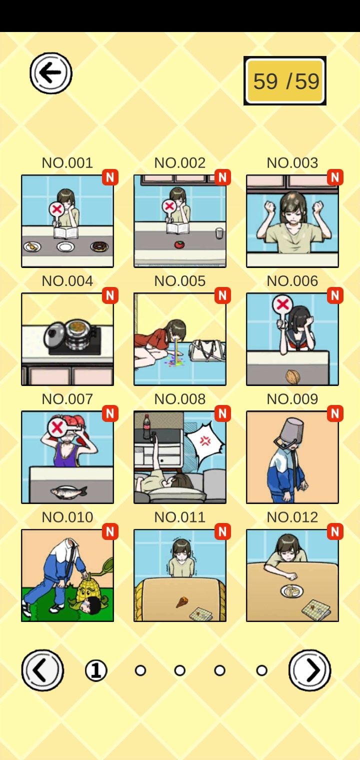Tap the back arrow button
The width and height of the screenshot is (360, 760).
click(51, 73)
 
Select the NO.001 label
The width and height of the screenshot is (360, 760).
click(67, 163)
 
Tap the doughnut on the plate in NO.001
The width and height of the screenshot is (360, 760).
click(99, 246)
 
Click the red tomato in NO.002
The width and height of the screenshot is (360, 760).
click(179, 244)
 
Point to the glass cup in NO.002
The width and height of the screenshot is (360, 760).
click(219, 233)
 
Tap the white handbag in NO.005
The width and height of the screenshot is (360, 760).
click(206, 351)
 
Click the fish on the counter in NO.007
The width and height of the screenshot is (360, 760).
click(68, 491)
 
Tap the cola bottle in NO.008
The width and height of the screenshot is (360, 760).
click(147, 426)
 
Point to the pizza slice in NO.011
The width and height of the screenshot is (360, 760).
click(181, 602)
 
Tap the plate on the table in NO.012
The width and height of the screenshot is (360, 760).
click(292, 591)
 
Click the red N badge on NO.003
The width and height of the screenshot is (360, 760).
click(335, 177)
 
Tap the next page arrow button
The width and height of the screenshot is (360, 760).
click(310, 670)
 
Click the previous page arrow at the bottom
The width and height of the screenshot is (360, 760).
click(42, 670)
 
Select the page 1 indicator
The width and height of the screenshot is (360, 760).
click(96, 670)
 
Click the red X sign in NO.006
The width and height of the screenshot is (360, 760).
click(282, 304)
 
